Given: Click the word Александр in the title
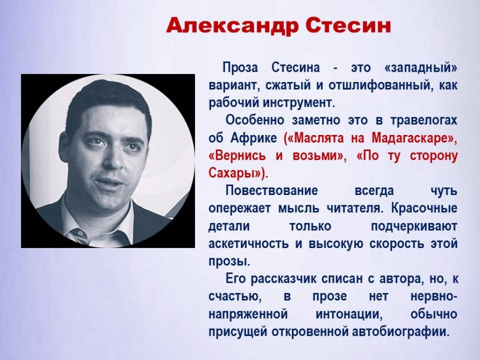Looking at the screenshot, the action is click(x=233, y=26).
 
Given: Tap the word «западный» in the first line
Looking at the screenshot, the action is click(x=420, y=67).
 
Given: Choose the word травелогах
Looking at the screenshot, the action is click(x=424, y=120).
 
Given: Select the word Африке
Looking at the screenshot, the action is click(x=254, y=138).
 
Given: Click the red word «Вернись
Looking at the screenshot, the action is click(x=237, y=156).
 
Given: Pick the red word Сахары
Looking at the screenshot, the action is click(x=232, y=173).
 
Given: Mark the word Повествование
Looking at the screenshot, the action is click(x=272, y=190).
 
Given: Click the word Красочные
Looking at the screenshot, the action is click(x=424, y=208).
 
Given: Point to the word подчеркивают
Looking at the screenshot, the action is click(x=414, y=226).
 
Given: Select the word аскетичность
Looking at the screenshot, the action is click(x=248, y=244).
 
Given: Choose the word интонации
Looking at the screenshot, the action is click(x=349, y=315).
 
